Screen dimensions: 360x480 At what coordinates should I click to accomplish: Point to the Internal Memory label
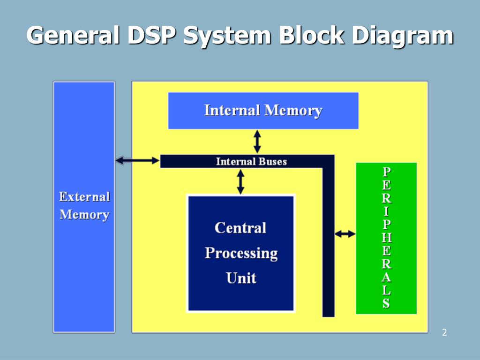pyautogui.click(x=263, y=111)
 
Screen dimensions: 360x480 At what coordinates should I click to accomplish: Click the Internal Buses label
pyautogui.click(x=251, y=162)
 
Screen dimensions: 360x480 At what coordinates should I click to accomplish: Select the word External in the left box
pyautogui.click(x=84, y=197)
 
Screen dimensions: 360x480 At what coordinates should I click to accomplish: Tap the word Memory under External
pyautogui.click(x=84, y=215)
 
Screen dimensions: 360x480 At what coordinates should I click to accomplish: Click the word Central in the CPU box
pyautogui.click(x=240, y=228)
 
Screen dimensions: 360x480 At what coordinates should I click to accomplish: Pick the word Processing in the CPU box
pyautogui.click(x=241, y=254)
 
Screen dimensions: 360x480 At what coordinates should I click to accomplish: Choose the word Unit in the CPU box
pyautogui.click(x=241, y=278)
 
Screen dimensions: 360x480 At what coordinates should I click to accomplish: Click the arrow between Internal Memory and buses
pyautogui.click(x=257, y=141)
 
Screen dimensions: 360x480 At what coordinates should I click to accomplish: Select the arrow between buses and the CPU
pyautogui.click(x=240, y=182)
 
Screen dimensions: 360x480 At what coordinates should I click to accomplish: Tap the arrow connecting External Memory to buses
pyautogui.click(x=137, y=161)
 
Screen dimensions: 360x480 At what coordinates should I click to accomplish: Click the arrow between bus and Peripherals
pyautogui.click(x=345, y=233)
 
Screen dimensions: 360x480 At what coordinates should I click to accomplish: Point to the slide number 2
pyautogui.click(x=444, y=333)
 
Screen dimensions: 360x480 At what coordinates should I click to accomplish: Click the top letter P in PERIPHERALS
pyautogui.click(x=386, y=172)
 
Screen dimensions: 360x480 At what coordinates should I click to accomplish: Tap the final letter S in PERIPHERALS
pyautogui.click(x=386, y=304)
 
